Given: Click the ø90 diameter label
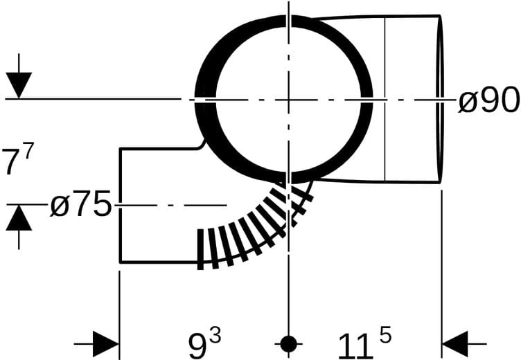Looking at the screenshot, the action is tap(488, 99).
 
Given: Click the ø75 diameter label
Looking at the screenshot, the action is tap(80, 204).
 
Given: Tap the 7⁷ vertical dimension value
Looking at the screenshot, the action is tap(17, 159).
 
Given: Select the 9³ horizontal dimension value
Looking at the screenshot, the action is tap(204, 343).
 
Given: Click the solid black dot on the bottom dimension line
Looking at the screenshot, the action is tap(288, 344).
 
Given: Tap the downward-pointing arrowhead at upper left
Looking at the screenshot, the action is tap(19, 85).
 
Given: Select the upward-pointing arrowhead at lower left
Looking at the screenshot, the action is tap(19, 217).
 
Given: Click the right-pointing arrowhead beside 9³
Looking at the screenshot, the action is tap(106, 344).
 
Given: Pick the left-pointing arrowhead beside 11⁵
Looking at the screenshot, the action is tap(455, 344).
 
